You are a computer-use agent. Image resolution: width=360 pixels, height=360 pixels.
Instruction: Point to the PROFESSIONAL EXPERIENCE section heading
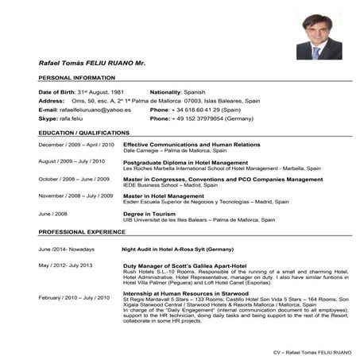pyautogui.click(x=83, y=231)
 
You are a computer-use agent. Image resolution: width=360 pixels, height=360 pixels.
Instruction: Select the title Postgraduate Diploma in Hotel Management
pyautogui.click(x=185, y=162)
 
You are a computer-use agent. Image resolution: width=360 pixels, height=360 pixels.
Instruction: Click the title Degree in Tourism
pyautogui.click(x=150, y=213)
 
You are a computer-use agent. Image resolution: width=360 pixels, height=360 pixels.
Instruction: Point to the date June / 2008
pyautogui.click(x=53, y=213)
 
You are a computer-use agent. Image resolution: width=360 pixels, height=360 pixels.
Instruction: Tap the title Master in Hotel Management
pyautogui.click(x=164, y=195)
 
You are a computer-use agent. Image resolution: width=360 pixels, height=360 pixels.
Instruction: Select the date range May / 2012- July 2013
pyautogui.click(x=66, y=265)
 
